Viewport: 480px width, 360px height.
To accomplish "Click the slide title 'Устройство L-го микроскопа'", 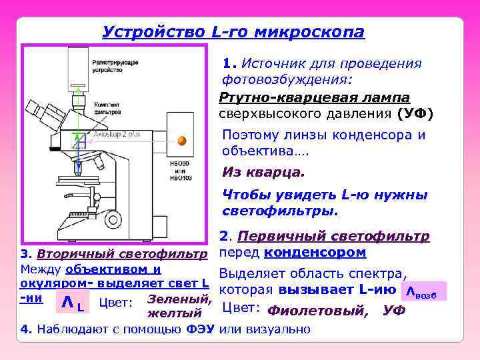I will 233,32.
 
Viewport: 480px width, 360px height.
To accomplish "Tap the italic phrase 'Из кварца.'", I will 263,172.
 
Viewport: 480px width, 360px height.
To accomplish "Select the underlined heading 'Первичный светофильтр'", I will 333,236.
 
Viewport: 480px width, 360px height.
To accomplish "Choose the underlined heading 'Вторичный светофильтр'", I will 123,254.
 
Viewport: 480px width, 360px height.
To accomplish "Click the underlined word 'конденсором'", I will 315,253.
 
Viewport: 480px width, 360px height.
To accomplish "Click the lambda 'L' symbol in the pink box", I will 71,303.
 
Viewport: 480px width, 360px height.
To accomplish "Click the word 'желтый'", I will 174,313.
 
